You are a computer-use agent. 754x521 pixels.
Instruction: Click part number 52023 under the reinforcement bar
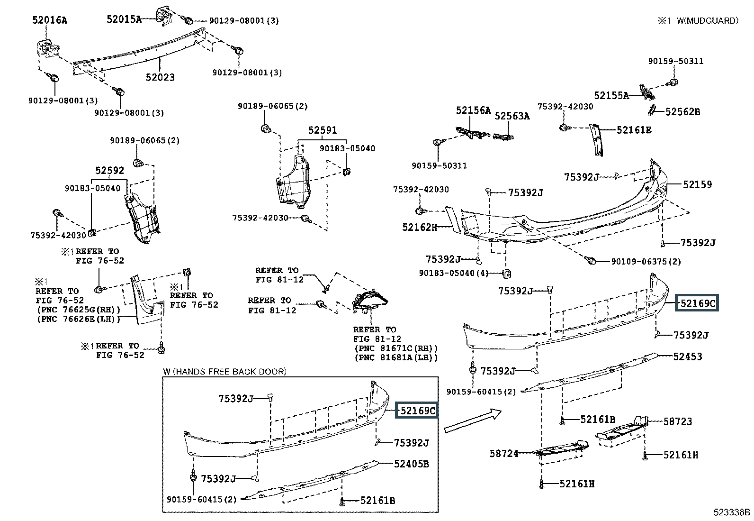tap(160, 77)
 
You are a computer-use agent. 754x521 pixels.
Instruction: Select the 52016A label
tap(50, 20)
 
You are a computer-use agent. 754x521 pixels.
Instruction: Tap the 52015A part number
tap(124, 19)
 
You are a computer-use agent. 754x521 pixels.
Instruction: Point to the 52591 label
tap(323, 130)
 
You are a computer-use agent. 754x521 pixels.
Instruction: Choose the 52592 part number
tap(109, 171)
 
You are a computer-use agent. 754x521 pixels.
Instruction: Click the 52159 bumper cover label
tap(697, 185)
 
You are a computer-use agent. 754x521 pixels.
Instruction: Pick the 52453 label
tap(688, 356)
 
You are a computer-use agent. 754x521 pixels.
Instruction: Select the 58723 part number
tap(678, 421)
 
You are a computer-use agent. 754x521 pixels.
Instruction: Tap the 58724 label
tap(504, 454)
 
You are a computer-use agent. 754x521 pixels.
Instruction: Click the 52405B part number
tap(412, 464)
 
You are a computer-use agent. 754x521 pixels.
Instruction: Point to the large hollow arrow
tap(472, 421)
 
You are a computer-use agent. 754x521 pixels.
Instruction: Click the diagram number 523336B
tap(732, 512)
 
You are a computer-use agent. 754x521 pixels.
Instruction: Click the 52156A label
tap(474, 110)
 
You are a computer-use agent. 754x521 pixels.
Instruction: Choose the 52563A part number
tap(512, 116)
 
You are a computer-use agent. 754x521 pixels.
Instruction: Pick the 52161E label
tap(634, 129)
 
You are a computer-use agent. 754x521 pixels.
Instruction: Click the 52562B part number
tap(682, 112)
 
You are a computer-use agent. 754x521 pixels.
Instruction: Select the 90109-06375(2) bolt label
tap(646, 261)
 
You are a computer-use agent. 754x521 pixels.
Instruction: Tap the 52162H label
tap(420, 227)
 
